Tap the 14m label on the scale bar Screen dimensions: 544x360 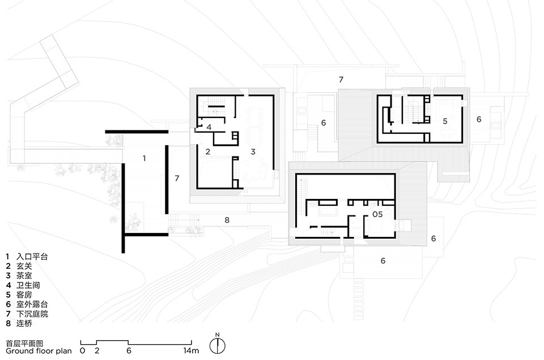point(191,350)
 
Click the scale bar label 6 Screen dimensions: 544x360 point(129,350)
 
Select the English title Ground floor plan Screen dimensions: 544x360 point(39,350)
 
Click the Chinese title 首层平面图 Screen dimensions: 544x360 point(24,344)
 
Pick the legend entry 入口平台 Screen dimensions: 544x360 point(32,257)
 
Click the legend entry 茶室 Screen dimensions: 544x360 point(24,276)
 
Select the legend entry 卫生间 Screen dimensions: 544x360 point(28,285)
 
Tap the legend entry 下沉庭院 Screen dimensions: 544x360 point(32,314)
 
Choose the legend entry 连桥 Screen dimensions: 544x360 point(24,324)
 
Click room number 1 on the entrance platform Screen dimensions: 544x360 point(144,158)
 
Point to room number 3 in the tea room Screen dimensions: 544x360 point(253,152)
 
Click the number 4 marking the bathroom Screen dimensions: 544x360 point(209,127)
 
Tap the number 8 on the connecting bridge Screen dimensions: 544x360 point(227,220)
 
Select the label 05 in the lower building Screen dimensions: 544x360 point(377,214)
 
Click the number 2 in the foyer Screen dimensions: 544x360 point(208,152)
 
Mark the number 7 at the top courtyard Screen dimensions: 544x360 point(341,79)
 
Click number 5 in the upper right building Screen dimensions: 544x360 point(445,121)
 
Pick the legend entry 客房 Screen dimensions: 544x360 point(24,295)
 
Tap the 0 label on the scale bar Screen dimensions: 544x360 point(82,350)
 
